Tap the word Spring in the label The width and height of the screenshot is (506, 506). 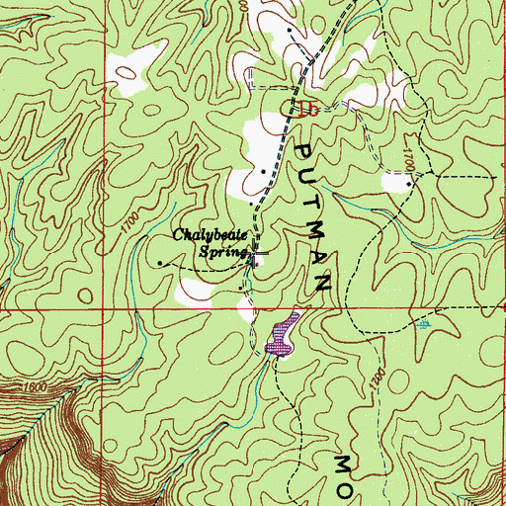(220, 252)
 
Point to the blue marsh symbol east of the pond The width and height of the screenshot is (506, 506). (425, 322)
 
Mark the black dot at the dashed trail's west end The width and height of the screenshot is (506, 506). (160, 262)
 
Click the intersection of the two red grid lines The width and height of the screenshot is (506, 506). (99, 308)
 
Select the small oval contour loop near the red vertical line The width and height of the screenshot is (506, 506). (87, 295)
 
